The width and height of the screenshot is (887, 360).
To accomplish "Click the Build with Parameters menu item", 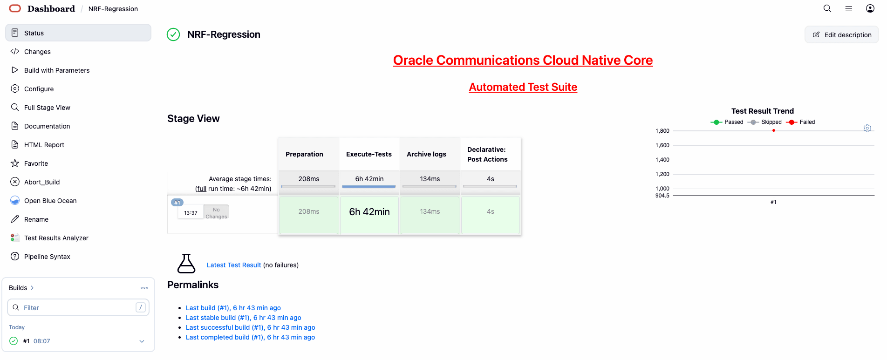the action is [x=50, y=70].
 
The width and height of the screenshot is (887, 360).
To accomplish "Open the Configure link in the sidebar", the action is [x=33, y=89].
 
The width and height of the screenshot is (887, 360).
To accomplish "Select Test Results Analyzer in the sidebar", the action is [x=50, y=238].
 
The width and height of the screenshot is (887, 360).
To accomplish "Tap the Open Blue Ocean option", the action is [x=44, y=201].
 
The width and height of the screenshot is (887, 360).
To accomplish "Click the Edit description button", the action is [x=842, y=35].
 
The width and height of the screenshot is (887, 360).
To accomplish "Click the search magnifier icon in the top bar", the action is [x=827, y=8].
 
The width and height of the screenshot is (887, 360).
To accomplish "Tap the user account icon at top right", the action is [x=870, y=8].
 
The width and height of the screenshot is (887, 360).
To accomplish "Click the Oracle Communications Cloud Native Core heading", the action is [x=523, y=60].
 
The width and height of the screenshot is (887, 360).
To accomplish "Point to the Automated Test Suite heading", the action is [x=523, y=87].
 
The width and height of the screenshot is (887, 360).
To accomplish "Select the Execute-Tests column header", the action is [x=369, y=154].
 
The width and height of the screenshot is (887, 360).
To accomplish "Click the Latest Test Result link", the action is [x=234, y=265].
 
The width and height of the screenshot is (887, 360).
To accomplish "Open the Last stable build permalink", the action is [x=243, y=318].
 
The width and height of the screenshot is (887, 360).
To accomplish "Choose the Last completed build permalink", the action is [x=250, y=337].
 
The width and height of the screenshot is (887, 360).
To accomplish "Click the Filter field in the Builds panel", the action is [x=78, y=307].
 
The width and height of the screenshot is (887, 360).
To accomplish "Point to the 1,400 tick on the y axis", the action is [x=662, y=160].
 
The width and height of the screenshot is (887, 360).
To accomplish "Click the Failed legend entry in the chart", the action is [x=801, y=122].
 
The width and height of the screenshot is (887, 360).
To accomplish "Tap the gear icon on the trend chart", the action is [x=867, y=128].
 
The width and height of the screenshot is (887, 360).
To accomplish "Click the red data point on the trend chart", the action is [x=774, y=130].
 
